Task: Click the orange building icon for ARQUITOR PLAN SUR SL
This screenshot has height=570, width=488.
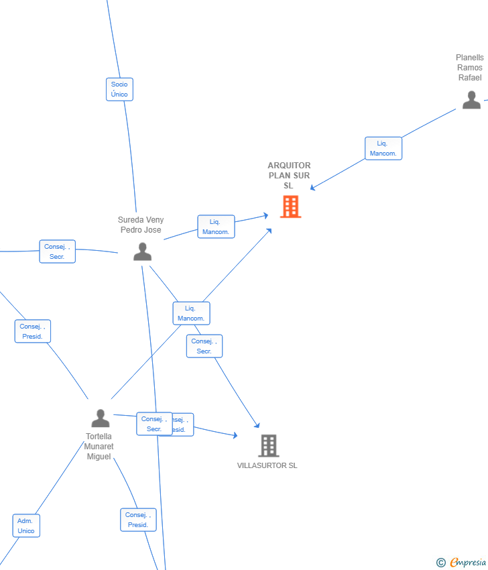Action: point(290,207)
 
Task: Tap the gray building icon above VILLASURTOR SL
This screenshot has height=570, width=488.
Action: point(268,445)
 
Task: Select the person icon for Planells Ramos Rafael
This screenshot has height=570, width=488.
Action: point(471,99)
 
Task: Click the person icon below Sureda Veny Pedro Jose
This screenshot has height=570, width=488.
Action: point(142,251)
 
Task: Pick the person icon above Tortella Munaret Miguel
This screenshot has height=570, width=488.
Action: point(101,418)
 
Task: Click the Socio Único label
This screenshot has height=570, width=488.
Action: point(119,89)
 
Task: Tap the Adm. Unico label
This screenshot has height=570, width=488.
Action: point(26,526)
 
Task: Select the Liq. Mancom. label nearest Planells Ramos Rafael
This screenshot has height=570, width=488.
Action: point(383,148)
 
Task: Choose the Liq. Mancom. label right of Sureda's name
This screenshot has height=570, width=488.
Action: point(216,227)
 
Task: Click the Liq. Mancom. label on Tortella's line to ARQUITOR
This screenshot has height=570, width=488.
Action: point(191,313)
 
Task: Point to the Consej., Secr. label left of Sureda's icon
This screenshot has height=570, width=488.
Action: point(57,251)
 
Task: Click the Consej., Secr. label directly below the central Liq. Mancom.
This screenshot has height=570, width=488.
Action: point(204,346)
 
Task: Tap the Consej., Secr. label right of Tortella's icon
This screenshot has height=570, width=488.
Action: point(154,424)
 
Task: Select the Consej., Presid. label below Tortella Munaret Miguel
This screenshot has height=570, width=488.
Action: point(138,520)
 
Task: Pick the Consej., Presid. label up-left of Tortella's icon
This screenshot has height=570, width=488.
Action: point(32,331)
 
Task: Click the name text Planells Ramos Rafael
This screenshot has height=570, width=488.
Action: point(470,68)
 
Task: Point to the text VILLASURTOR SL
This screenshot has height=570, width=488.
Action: point(267,465)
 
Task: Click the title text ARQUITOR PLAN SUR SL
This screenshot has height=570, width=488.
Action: point(289,176)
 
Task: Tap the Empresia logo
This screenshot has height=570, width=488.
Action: point(463,563)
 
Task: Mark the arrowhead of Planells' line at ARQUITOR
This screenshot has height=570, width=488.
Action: point(312,189)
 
